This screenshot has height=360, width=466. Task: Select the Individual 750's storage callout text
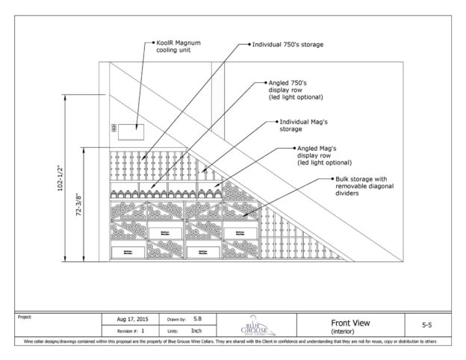(288, 45)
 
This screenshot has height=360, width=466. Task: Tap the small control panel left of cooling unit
(114, 128)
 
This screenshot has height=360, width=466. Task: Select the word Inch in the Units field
(198, 330)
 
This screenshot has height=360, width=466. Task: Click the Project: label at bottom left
(24, 316)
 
